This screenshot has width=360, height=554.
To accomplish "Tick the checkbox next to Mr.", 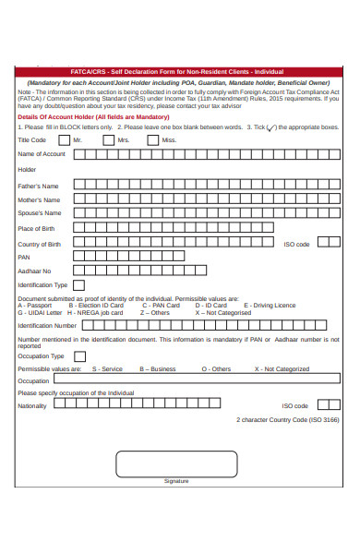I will tap(64, 140).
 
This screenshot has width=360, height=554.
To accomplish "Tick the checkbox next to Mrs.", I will tap(108, 140).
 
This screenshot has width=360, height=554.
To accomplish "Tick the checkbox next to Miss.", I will tap(153, 140).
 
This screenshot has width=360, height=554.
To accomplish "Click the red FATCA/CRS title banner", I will tap(179, 71).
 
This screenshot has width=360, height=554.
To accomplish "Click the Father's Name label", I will tap(38, 186).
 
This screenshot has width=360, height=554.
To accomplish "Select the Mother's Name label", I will tap(39, 199).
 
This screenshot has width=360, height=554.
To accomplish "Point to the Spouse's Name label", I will tap(40, 213).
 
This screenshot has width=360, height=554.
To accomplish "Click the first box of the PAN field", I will tap(78, 257).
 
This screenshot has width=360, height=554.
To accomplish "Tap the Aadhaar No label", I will tap(34, 271).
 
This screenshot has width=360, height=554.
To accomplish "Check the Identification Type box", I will tap(78, 285).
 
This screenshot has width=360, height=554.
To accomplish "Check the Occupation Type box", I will tap(78, 355).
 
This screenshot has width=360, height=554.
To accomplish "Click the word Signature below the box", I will tap(175, 481).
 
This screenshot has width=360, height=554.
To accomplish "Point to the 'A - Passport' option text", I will tap(34, 305).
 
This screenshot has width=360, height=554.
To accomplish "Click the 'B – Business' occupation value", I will tap(158, 369).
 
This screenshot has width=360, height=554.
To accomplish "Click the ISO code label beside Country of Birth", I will tap(296, 245).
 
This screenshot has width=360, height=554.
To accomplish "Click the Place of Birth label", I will tap(36, 229).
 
